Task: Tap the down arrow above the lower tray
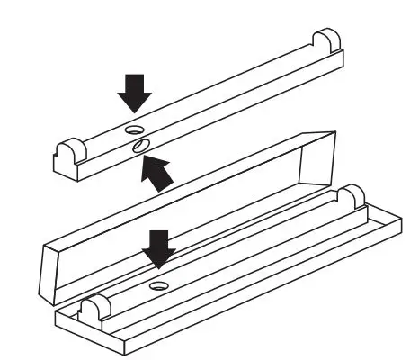point(160,248)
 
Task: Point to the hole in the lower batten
point(160,285)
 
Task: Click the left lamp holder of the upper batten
point(68,150)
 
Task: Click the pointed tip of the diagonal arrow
point(147,158)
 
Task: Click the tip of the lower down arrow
point(160,267)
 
